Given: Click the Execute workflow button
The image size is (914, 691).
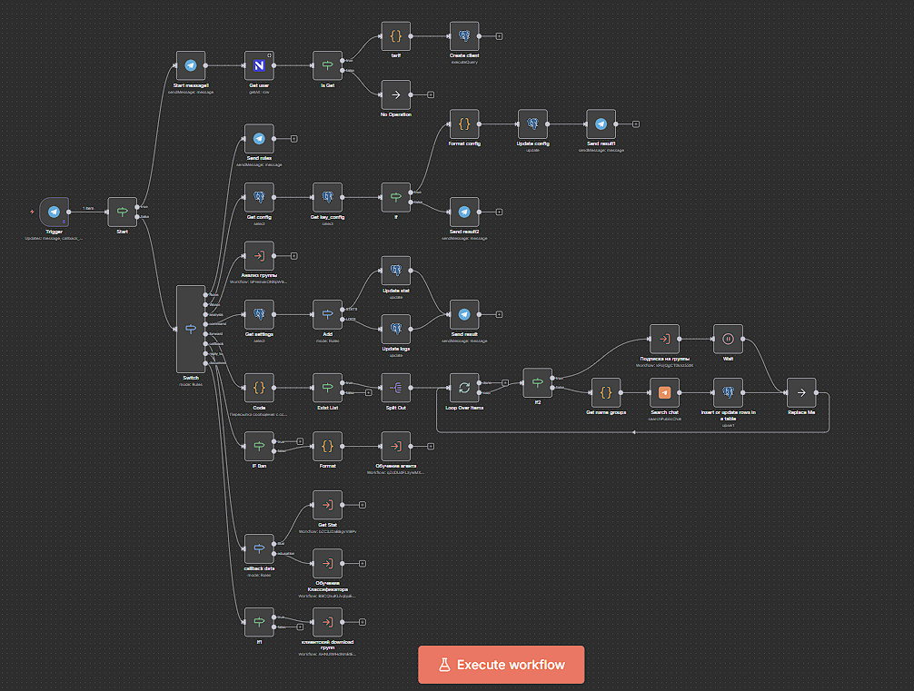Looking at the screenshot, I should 501,665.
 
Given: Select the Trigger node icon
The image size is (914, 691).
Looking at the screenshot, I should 55,212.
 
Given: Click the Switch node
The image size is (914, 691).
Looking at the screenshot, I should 191,328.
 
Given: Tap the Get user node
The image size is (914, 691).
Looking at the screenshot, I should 259,65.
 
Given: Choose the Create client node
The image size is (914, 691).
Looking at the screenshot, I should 464,36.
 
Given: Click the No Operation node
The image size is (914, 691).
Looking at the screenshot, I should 395,94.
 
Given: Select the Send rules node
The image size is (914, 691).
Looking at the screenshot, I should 259,139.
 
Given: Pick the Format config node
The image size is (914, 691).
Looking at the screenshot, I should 464,123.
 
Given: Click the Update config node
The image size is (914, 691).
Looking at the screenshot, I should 532,123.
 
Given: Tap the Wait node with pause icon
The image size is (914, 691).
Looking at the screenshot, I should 728,339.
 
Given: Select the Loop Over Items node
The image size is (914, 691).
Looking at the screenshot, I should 464,389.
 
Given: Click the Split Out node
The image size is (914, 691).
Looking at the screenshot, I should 395,389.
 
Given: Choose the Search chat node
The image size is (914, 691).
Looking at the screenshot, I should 664,392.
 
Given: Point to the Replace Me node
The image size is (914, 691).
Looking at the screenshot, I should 800,392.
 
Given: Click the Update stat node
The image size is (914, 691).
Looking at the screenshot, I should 395,270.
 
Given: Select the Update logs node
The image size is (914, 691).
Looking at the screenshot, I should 395,329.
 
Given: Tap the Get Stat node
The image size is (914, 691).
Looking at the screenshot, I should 327,505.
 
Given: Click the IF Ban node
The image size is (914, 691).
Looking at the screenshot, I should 259,446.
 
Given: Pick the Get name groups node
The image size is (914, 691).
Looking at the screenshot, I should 606,392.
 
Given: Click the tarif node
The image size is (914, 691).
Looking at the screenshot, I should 395,36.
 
